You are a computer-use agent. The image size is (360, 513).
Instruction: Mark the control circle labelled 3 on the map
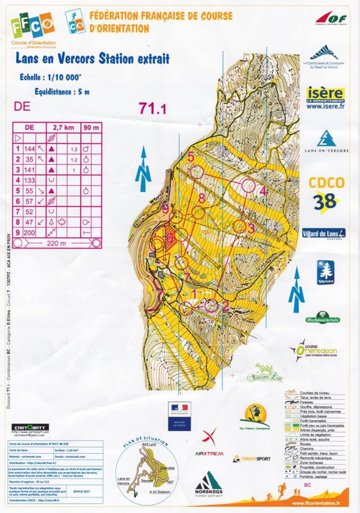tap(240, 227)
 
